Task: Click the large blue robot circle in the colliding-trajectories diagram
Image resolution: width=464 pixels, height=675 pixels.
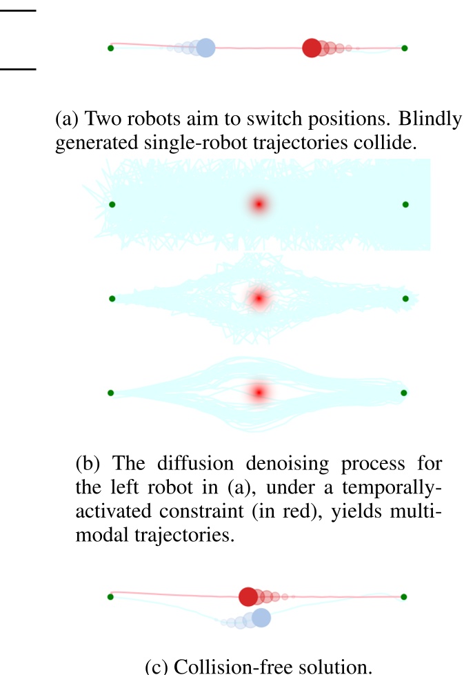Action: [205, 48]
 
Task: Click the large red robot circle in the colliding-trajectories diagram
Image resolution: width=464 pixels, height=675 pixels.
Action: [312, 48]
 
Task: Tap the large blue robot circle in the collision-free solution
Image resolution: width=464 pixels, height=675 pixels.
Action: [261, 618]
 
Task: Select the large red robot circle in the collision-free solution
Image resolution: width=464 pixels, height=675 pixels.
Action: [248, 597]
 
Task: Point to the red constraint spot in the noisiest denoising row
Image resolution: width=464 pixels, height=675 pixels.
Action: [259, 204]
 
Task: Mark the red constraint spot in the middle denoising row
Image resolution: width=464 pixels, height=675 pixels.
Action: [259, 299]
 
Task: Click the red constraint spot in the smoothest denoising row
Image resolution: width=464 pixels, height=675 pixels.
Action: [259, 392]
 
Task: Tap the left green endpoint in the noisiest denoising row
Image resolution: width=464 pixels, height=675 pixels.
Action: [112, 204]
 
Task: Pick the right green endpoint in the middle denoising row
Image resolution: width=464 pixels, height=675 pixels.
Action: [405, 298]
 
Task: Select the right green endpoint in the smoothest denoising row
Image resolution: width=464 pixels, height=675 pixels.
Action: [405, 392]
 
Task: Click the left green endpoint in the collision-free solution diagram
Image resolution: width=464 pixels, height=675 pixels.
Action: [110, 596]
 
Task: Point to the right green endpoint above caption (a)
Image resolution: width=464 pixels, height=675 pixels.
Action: [405, 48]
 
